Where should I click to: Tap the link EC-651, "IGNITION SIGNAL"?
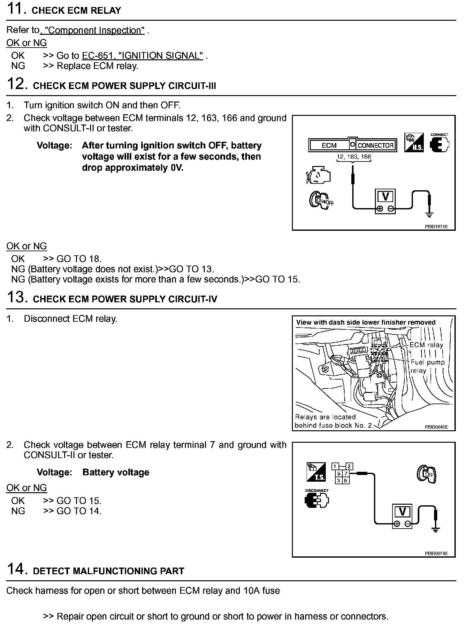(x=142, y=56)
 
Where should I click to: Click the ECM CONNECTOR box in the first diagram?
(x=353, y=145)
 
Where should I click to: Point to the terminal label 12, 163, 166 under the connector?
(x=354, y=157)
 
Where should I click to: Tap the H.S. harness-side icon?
(x=414, y=143)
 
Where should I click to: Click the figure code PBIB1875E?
(x=436, y=226)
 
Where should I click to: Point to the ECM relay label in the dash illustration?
(x=426, y=345)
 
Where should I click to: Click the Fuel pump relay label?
(x=427, y=366)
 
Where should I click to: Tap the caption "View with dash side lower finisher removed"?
(x=366, y=322)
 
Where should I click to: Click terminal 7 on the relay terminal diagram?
(x=346, y=474)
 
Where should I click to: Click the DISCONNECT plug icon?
(x=316, y=499)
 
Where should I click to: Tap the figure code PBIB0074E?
(x=436, y=553)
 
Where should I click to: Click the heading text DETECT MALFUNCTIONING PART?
(x=109, y=571)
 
